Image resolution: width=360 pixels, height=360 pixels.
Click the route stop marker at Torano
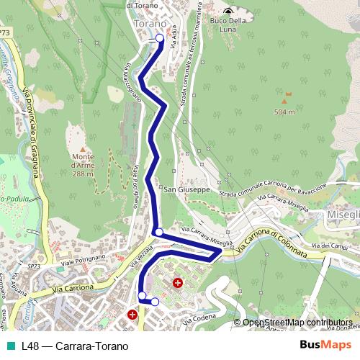(x=159, y=40)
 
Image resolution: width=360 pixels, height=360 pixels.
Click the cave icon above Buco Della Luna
(x=228, y=10)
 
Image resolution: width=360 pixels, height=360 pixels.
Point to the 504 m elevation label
(x=285, y=112)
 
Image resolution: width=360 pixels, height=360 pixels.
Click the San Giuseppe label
(x=186, y=190)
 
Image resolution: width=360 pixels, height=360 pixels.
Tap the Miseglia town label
(x=342, y=215)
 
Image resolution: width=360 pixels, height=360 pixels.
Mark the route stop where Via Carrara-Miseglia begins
(x=158, y=233)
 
